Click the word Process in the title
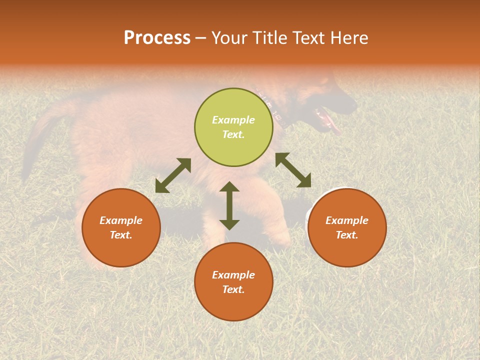point(157,38)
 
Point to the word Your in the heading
point(229,38)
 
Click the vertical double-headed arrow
point(229,205)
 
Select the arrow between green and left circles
point(173,175)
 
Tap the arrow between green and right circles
point(293,170)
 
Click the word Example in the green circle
point(233,120)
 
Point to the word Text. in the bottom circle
point(233,289)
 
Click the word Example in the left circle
point(121,220)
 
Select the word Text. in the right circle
point(347,235)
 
